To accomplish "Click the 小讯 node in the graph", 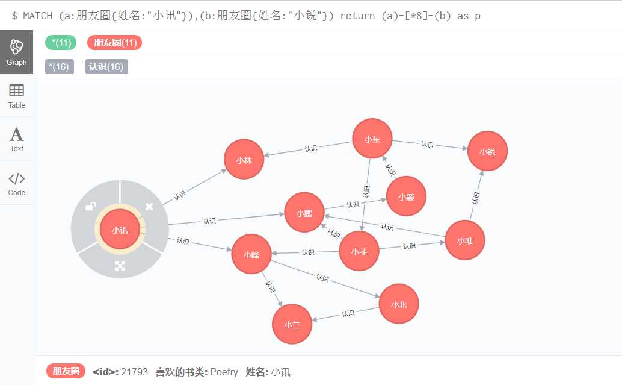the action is click(120, 230).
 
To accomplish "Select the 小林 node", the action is click(244, 160).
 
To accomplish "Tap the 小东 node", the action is click(372, 139).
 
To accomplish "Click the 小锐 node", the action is click(487, 151).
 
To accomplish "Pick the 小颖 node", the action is click(406, 196).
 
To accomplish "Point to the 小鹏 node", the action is click(304, 213).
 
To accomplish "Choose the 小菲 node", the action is click(359, 251).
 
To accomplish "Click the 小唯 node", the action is click(465, 240).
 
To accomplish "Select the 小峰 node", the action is click(251, 254).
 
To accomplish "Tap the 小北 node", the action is click(399, 304).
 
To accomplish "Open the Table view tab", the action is click(17, 96).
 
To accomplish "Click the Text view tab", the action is click(17, 139).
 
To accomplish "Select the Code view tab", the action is click(17, 183).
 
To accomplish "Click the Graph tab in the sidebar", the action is click(17, 52).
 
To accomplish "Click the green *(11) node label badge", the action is click(61, 43).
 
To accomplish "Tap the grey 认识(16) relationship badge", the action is click(106, 67).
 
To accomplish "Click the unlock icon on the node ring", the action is click(90, 207).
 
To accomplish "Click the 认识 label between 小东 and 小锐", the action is click(427, 145).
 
